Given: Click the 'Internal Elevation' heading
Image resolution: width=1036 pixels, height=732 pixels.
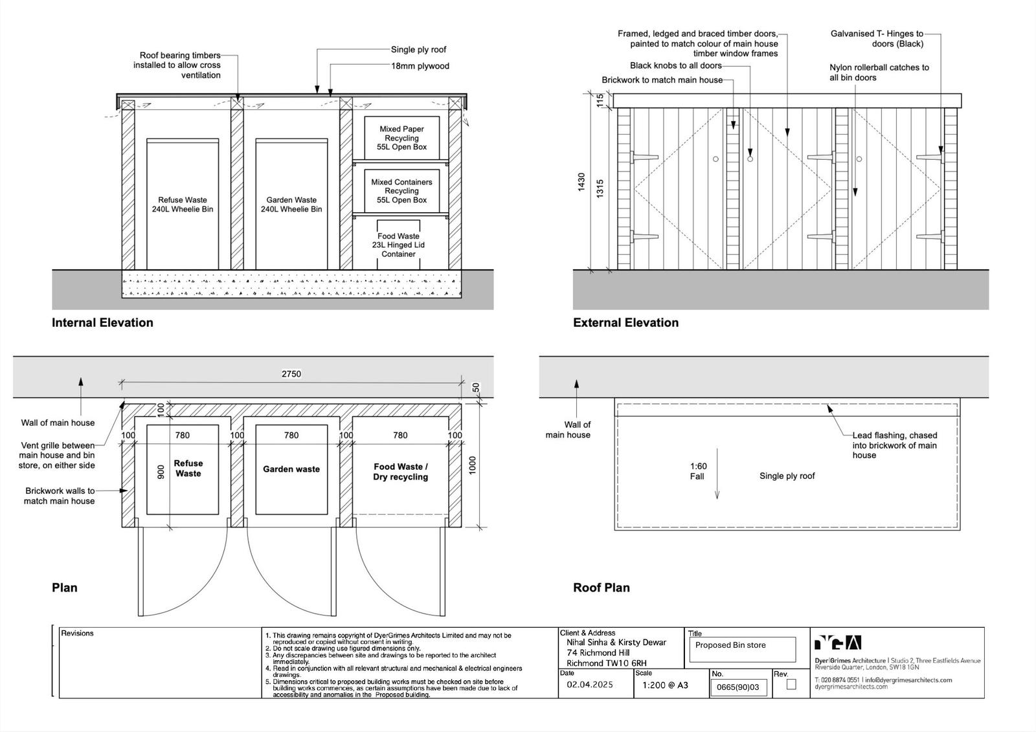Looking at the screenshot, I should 102,322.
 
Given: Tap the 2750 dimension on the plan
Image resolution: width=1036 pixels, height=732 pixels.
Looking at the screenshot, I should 291,373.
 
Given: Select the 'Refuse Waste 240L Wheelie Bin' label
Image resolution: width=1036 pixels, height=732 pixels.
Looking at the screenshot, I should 183,205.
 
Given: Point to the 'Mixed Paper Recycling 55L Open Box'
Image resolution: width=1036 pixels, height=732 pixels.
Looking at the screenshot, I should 401,138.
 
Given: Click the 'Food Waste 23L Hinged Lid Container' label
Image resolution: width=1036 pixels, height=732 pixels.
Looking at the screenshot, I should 398,245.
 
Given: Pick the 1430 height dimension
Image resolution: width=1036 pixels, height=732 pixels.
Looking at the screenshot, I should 581,182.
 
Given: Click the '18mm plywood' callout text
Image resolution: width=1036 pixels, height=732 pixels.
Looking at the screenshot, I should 420,66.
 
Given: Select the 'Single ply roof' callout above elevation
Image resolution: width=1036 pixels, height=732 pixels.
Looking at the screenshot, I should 418,50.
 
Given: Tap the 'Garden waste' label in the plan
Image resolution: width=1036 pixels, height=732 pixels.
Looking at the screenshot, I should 291,469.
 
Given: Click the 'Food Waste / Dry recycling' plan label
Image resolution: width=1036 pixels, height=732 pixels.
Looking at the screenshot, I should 400,472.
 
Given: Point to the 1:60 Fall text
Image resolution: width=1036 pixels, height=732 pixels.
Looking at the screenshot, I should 698,471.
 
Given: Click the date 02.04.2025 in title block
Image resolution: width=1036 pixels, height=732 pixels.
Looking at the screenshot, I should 590,685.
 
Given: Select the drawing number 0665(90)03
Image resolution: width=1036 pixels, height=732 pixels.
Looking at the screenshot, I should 738,687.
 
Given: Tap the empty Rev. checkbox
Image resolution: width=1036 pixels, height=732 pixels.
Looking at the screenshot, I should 791,684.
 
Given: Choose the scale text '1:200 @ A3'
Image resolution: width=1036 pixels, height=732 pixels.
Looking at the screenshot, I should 665,685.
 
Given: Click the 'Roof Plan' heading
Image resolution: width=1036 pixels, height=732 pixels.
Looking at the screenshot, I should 601,588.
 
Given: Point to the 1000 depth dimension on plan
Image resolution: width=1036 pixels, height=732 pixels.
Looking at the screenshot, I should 473,465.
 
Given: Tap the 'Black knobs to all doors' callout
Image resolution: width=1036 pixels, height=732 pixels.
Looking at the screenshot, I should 675,65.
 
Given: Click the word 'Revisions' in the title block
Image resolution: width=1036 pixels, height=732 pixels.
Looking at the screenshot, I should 77,633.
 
